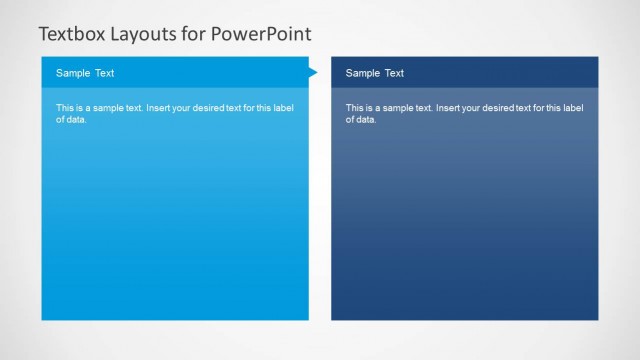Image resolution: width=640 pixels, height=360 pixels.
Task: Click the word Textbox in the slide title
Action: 71,34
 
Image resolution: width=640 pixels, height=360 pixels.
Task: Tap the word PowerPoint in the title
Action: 263,34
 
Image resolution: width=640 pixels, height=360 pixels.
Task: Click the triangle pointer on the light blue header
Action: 312,72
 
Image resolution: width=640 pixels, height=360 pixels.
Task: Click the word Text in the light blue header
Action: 104,73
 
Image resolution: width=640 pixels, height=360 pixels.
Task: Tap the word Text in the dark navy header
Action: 394,73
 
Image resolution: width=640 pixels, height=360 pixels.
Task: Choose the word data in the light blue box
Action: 77,120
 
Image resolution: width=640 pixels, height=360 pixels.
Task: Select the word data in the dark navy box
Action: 367,120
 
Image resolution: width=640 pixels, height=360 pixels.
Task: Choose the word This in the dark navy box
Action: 355,107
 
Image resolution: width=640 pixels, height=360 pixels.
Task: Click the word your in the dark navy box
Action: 474,107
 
